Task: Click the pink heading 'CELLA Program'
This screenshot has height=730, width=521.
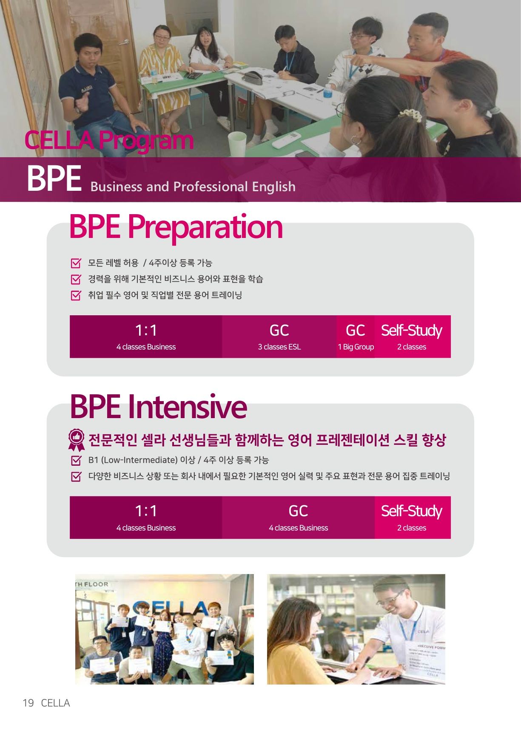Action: coord(109,140)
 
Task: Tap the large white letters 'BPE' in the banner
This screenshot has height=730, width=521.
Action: coord(54,178)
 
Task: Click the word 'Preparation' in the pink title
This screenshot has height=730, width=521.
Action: coord(205,227)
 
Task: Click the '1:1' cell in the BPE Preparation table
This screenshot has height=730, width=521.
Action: coord(146,337)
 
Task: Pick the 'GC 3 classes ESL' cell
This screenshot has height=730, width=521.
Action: coord(279,337)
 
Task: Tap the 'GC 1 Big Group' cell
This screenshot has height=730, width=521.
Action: coord(356,337)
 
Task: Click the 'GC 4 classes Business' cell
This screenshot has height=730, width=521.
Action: coord(298,518)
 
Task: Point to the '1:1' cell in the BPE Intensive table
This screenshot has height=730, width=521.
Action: coord(146,518)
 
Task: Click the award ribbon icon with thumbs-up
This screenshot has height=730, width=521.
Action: coord(77,439)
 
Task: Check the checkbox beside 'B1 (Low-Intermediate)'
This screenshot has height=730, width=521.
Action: coord(76,460)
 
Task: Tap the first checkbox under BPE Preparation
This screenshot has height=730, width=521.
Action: coord(76,263)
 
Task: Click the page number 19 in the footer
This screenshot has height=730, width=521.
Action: coord(28,703)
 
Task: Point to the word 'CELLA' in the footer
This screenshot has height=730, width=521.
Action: coord(55,703)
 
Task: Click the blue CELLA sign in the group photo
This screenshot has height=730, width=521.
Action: coord(170,608)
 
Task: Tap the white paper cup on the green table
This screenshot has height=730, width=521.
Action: coord(237,143)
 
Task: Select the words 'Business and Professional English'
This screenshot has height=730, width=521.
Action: coord(193,187)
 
